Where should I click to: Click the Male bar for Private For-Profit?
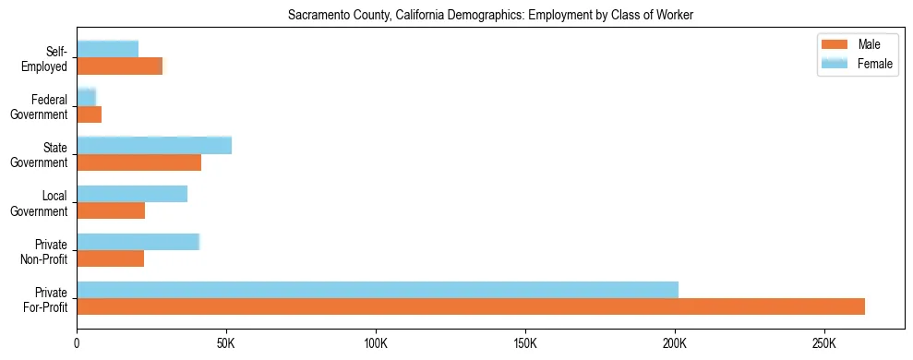[471, 306]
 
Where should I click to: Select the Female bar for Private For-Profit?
[378, 290]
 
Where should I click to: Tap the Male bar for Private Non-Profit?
[111, 258]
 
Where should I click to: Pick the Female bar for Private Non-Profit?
[138, 242]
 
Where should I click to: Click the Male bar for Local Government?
[111, 210]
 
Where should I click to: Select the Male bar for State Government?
[139, 162]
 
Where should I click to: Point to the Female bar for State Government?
[154, 145]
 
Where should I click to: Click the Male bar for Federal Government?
[90, 114]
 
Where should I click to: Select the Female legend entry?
[859, 63]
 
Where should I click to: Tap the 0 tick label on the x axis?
[78, 343]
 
